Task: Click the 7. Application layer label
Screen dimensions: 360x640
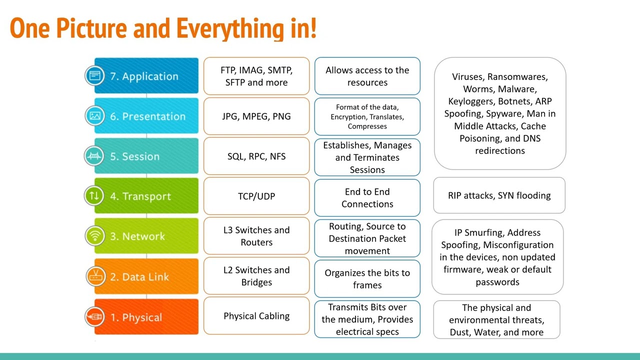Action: coord(144,76)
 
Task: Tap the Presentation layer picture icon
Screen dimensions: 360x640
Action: coord(95,116)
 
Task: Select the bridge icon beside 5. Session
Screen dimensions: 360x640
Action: coord(95,156)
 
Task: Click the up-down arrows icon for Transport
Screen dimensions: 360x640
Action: coord(95,196)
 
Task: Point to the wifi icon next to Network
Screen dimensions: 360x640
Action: coord(95,236)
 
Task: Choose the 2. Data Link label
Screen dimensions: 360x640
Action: coord(139,276)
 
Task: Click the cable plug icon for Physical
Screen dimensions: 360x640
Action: coord(95,317)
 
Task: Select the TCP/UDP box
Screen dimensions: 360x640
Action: coord(256,196)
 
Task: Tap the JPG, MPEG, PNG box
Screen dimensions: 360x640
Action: coord(256,116)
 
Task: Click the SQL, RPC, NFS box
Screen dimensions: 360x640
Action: coord(256,156)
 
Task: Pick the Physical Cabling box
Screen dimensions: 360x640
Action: coord(256,316)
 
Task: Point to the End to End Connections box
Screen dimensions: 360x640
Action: coord(367,198)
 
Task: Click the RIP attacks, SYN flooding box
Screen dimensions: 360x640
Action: coord(499,195)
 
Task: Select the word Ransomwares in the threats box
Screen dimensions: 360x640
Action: coord(517,77)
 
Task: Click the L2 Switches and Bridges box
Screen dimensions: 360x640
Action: coord(256,276)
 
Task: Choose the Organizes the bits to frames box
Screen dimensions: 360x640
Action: coord(367,279)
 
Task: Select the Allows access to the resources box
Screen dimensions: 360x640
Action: coord(367,76)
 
